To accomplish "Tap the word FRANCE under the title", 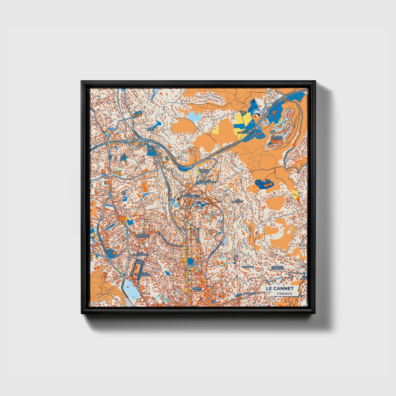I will [x=284, y=294].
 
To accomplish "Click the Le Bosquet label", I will [x=237, y=201].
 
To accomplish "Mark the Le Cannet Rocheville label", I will [x=143, y=236].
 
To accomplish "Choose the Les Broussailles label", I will [x=140, y=254].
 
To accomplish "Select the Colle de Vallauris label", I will [x=279, y=267].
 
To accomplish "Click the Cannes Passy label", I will [x=197, y=289].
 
